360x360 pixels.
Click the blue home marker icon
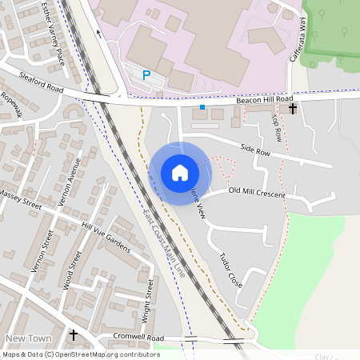pyautogui.click(x=179, y=173)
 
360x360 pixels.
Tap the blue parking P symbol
pyautogui.click(x=146, y=74)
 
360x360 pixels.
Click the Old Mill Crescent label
pyautogui.click(x=256, y=192)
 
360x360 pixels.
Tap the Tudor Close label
pyautogui.click(x=230, y=270)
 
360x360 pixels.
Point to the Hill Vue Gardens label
pyautogui.click(x=106, y=238)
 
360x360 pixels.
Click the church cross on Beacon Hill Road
pyautogui.click(x=293, y=108)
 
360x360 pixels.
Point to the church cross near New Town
pyautogui.click(x=74, y=335)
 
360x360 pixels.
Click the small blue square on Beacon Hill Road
pyautogui.click(x=202, y=106)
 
